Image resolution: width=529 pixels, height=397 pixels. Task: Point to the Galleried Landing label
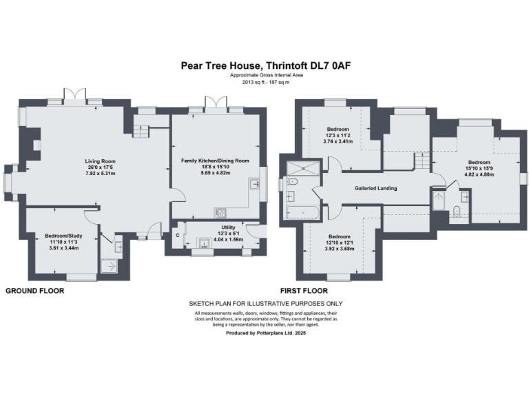(375, 188)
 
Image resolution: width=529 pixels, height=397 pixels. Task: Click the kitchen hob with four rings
(221, 212)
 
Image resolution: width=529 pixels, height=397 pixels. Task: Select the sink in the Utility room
(205, 243)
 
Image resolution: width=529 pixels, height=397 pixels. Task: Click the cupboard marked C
(177, 236)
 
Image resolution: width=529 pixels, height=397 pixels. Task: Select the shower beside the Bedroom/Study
(109, 265)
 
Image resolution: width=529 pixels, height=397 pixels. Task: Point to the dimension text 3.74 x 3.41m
(338, 141)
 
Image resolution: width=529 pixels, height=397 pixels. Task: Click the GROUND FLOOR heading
(34, 291)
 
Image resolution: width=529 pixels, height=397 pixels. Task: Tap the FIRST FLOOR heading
(304, 291)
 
